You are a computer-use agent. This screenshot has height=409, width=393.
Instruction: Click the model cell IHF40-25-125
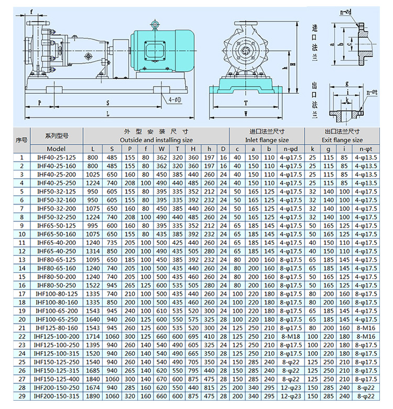(x=57, y=157)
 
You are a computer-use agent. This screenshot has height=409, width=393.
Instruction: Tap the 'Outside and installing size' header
(x=156, y=140)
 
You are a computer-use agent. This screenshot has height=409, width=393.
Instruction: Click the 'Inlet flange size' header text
(x=267, y=140)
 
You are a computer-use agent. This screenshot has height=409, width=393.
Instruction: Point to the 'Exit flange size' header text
(x=342, y=140)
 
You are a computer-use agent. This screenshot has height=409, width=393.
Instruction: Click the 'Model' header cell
(x=57, y=148)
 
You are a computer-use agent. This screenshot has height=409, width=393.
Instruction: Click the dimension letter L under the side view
(x=107, y=113)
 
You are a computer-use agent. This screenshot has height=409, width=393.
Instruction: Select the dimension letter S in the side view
(x=107, y=102)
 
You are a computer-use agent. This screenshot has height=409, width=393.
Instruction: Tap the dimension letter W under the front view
(x=245, y=113)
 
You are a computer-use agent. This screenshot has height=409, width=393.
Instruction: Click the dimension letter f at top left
(x=32, y=11)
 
